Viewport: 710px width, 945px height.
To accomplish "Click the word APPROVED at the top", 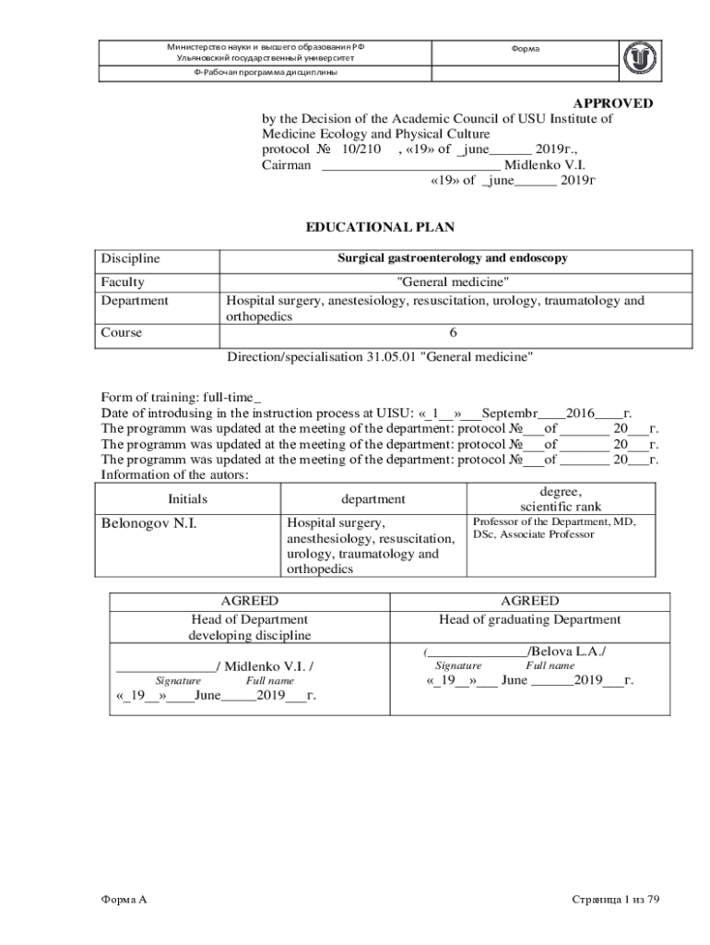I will pyautogui.click(x=613, y=103).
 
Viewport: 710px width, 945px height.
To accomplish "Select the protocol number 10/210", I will pyautogui.click(x=361, y=150).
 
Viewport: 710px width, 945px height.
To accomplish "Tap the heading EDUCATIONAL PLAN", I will pyautogui.click(x=380, y=227).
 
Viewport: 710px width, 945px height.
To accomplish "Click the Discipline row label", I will pyautogui.click(x=130, y=259).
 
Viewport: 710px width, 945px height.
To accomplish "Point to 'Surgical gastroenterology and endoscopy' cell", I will pyautogui.click(x=452, y=259).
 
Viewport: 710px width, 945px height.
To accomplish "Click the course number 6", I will pyautogui.click(x=453, y=333).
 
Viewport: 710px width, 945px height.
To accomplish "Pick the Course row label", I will pyautogui.click(x=122, y=333).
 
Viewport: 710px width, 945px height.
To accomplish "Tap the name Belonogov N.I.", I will pyautogui.click(x=148, y=525).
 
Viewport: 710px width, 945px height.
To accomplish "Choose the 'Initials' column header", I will pyautogui.click(x=187, y=499).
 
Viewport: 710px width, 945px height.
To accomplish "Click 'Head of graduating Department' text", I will pyautogui.click(x=529, y=619).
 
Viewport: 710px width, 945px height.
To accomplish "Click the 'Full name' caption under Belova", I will pyautogui.click(x=550, y=665).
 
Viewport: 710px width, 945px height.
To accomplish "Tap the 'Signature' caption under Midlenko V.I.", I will pyautogui.click(x=178, y=680).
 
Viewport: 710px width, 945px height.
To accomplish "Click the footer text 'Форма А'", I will pyautogui.click(x=124, y=898).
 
